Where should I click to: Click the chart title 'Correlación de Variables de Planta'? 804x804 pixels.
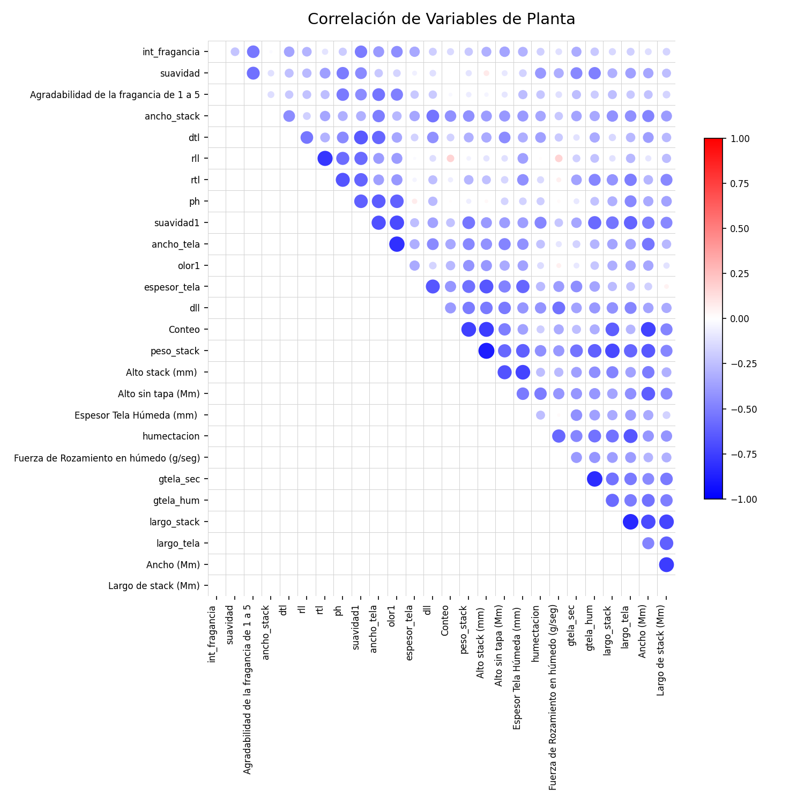[441, 19]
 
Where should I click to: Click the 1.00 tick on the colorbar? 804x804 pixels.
[735, 139]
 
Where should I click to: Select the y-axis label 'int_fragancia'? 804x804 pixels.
[171, 52]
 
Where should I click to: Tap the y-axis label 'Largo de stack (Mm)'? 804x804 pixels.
[154, 586]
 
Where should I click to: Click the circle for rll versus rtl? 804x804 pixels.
[324, 159]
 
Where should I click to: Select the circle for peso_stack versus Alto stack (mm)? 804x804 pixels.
[486, 351]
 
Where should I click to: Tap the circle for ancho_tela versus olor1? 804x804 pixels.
[397, 244]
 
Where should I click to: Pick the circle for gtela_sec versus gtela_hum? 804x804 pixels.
[594, 479]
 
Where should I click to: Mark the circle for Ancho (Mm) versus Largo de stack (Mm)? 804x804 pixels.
[666, 564]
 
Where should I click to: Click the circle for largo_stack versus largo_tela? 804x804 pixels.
[630, 522]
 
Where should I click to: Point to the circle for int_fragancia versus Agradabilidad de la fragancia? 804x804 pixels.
[253, 52]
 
